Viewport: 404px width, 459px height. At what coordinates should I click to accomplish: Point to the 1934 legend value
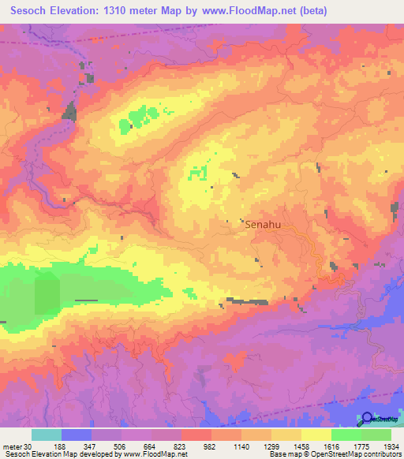click(x=387, y=446)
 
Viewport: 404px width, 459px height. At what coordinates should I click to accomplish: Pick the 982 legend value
click(x=210, y=446)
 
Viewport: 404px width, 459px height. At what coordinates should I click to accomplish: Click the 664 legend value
click(x=149, y=446)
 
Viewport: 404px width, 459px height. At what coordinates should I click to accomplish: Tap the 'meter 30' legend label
click(x=15, y=446)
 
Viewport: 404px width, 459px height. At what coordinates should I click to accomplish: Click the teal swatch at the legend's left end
click(x=46, y=435)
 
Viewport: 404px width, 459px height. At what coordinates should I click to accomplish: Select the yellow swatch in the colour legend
click(x=316, y=435)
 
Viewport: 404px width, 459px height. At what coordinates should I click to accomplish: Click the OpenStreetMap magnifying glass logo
click(x=367, y=419)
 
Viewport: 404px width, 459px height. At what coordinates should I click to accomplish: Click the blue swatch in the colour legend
click(x=77, y=435)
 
